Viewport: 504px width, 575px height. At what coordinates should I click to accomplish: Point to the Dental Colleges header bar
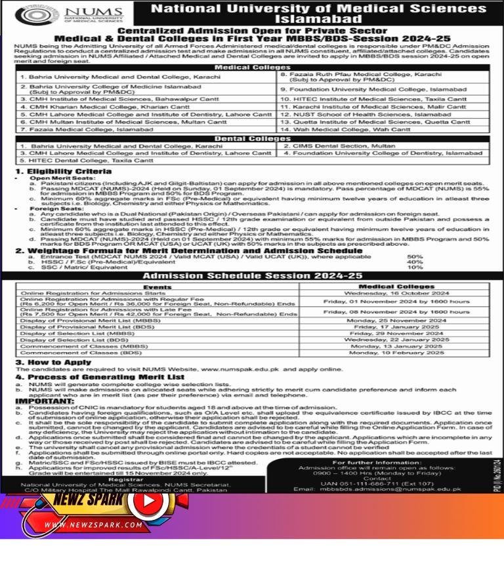252,139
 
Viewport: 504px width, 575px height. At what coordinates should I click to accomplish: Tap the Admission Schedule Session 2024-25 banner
252,277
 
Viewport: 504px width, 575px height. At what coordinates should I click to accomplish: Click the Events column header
157,287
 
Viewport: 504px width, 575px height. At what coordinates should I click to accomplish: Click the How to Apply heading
49,361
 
